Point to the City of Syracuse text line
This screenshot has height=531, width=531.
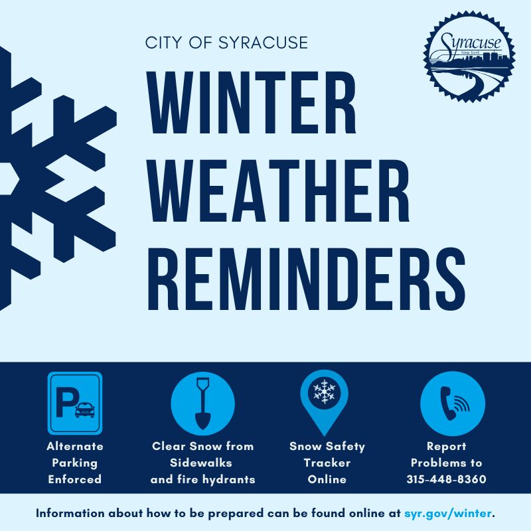pos(226,43)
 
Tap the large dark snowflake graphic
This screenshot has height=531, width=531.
pos(53,178)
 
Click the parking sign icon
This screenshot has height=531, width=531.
pos(75,403)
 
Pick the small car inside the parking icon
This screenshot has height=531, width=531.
pos(84,410)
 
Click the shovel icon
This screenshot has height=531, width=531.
pos(202,403)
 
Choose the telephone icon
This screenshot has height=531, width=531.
pos(453,404)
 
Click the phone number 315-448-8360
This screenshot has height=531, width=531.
pos(447,479)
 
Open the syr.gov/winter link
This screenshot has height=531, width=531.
pos(449,513)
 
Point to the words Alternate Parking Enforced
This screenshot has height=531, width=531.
pos(75,463)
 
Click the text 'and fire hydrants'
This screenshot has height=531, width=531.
pos(202,479)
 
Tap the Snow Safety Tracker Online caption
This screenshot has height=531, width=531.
pos(327,463)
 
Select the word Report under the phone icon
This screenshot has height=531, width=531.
pos(447,446)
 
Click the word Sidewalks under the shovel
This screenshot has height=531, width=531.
pos(202,463)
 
